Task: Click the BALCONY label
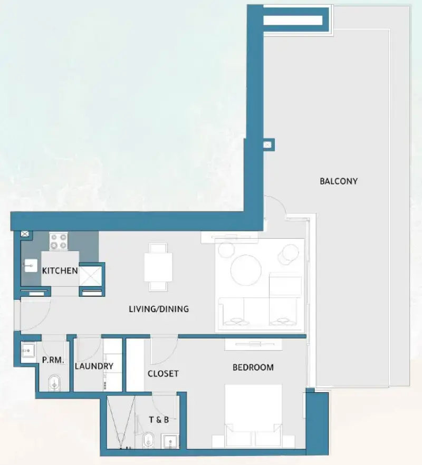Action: click(x=338, y=181)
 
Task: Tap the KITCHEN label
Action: click(x=60, y=271)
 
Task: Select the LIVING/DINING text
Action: click(x=158, y=309)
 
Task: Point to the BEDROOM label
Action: click(x=253, y=367)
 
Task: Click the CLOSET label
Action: click(x=163, y=374)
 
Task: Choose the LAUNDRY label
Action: click(x=94, y=366)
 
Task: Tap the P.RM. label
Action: click(x=53, y=361)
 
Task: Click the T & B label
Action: click(x=159, y=420)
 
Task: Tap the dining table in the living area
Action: click(x=158, y=267)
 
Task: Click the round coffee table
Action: click(x=245, y=268)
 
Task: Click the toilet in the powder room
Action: click(x=54, y=383)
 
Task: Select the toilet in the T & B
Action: click(x=149, y=438)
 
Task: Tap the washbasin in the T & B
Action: click(x=170, y=440)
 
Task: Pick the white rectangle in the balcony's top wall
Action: click(x=292, y=21)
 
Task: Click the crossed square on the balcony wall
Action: click(x=268, y=143)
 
